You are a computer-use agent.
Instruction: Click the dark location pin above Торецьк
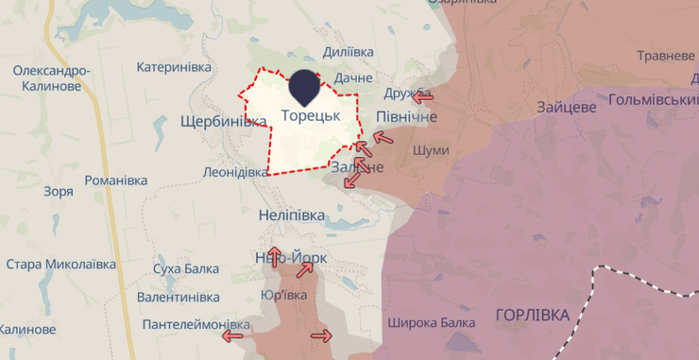click(x=304, y=87)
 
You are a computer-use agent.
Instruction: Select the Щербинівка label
click(x=223, y=121)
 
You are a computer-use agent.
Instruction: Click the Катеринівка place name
click(x=174, y=67)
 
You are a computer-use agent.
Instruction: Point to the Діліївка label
click(x=348, y=52)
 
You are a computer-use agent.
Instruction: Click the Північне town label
click(x=406, y=115)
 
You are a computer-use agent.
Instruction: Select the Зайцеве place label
click(x=566, y=107)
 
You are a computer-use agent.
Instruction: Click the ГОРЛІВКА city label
click(x=533, y=315)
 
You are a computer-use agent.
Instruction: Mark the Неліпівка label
click(x=292, y=215)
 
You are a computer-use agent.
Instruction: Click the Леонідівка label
click(x=236, y=173)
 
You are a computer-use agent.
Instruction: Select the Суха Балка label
click(x=186, y=269)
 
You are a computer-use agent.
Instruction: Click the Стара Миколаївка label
click(x=60, y=264)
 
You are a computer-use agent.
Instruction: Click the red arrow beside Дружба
click(x=424, y=95)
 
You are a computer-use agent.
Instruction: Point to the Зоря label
click(x=58, y=191)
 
